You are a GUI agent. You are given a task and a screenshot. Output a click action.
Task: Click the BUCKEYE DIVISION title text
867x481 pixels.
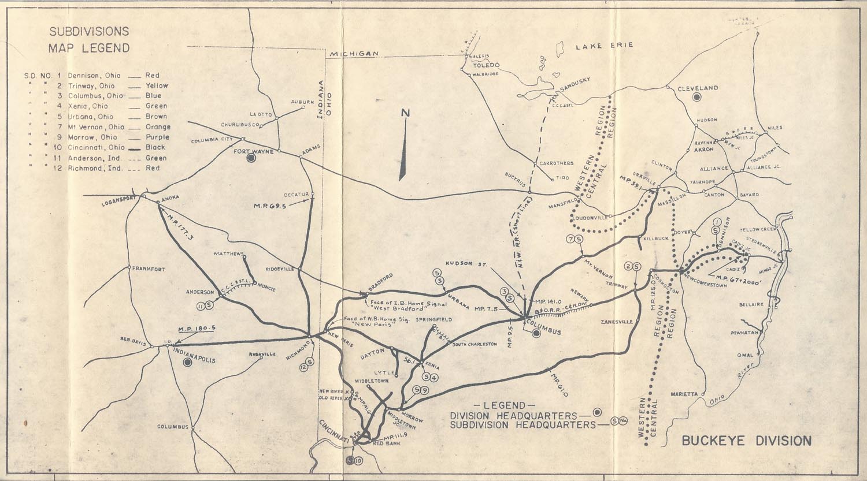point(746,441)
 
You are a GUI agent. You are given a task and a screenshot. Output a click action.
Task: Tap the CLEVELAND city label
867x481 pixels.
point(698,88)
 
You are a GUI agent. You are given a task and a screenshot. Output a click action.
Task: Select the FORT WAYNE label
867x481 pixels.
point(253,151)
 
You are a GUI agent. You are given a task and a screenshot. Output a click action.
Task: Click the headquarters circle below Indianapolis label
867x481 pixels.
point(187,363)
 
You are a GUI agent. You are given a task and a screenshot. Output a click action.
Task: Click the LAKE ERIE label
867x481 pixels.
point(604,45)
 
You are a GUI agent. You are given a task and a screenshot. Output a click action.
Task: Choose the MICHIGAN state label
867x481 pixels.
point(354,54)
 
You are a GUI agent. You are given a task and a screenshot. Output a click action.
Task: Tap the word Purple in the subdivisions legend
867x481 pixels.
point(158,137)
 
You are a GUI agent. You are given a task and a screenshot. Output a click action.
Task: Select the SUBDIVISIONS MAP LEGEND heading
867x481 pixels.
point(89,40)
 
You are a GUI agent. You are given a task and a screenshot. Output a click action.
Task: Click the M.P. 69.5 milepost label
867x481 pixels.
point(273,206)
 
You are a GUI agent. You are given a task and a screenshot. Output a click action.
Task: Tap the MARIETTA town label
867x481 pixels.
point(685,394)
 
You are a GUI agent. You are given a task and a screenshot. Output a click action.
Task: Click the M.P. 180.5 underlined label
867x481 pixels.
point(197,329)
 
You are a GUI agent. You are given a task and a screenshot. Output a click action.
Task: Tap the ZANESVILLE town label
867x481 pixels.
point(617,322)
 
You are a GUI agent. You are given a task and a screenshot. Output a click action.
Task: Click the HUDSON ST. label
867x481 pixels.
point(470,264)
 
